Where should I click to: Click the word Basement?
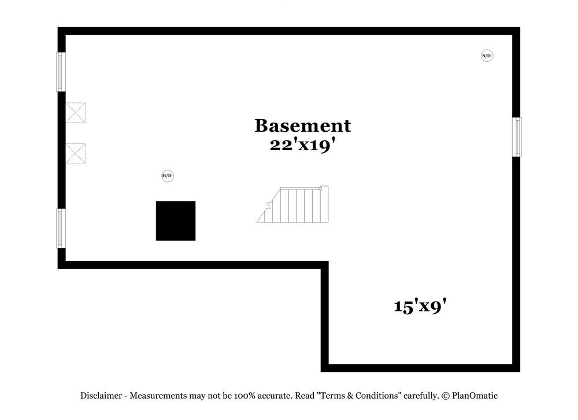pyautogui.click(x=303, y=125)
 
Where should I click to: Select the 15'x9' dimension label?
pyautogui.click(x=420, y=306)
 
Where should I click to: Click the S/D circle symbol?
pyautogui.click(x=487, y=55)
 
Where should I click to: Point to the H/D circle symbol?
pyautogui.click(x=168, y=176)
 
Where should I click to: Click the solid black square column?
pyautogui.click(x=176, y=221)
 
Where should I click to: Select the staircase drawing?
pyautogui.click(x=292, y=205)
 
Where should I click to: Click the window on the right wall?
pyautogui.click(x=517, y=137)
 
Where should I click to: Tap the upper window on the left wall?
pyautogui.click(x=61, y=72)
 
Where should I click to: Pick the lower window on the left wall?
pyautogui.click(x=61, y=228)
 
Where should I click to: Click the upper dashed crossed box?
pyautogui.click(x=76, y=113)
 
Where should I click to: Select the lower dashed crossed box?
pyautogui.click(x=76, y=153)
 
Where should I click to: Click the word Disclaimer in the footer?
pyautogui.click(x=101, y=396)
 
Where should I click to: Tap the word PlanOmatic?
pyautogui.click(x=475, y=396)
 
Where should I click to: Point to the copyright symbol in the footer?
pyautogui.click(x=446, y=396)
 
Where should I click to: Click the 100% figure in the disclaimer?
pyautogui.click(x=244, y=396)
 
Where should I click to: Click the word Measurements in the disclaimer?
pyautogui.click(x=158, y=396)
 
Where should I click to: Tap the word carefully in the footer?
pyautogui.click(x=421, y=396)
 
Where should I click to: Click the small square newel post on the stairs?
pyautogui.click(x=320, y=189)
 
